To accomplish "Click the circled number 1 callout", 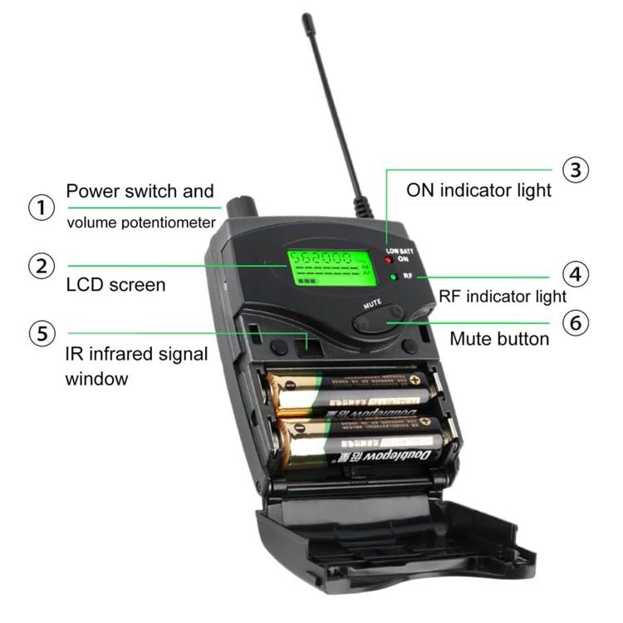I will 42,207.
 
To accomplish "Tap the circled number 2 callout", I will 42,266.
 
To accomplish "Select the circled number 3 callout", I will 575,169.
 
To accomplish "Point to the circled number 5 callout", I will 42,334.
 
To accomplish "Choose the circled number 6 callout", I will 575,321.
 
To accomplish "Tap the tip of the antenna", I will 307,17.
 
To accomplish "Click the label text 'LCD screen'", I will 115,285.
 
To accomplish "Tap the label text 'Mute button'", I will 499,339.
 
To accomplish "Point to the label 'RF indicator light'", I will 503,296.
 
